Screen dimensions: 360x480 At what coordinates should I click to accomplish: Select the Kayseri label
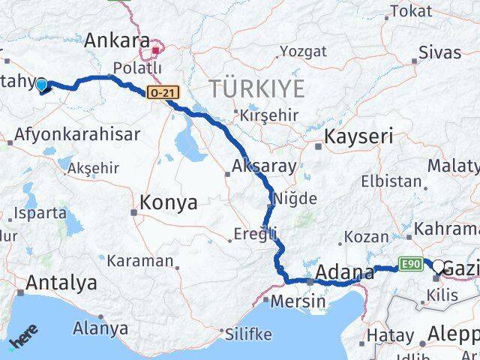[358, 137]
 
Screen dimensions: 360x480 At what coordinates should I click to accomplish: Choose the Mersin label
[299, 301]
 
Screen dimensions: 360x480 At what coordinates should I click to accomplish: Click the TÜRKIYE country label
[257, 88]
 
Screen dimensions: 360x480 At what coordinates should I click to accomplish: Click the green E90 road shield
[408, 264]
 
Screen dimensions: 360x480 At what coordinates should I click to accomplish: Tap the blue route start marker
[42, 85]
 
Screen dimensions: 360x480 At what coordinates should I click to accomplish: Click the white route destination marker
[438, 265]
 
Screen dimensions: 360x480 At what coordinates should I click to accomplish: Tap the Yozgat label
[303, 52]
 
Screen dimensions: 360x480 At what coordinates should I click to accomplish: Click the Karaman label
[139, 261]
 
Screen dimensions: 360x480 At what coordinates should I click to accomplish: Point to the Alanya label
[100, 328]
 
